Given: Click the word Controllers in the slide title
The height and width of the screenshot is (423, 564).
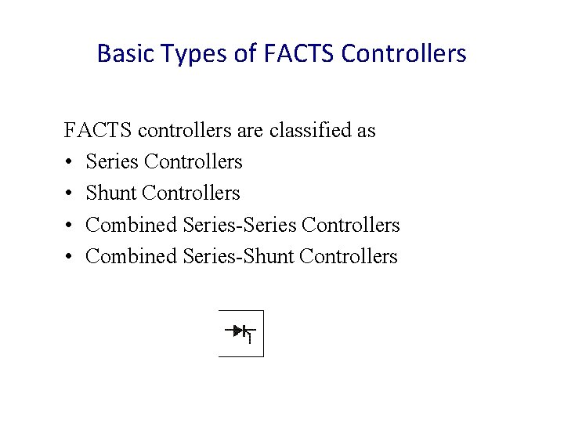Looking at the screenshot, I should [404, 53].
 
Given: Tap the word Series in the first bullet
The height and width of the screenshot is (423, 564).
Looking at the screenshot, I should [112, 161].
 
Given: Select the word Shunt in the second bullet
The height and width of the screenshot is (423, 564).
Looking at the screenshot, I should [111, 193].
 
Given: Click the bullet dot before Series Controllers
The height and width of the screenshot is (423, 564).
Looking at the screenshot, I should [69, 162].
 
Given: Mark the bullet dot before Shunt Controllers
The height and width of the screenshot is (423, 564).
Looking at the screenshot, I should [69, 193].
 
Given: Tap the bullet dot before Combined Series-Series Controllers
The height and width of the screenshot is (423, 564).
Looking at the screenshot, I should [69, 226].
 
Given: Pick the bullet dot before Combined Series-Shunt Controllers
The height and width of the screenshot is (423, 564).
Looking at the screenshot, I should [69, 257].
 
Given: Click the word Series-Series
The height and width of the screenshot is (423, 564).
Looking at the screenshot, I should [239, 225].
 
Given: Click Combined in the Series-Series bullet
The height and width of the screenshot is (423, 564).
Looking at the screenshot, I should [132, 225].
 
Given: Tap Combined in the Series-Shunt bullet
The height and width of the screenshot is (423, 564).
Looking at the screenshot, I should [132, 256].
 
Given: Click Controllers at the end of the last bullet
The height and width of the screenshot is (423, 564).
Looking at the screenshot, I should [349, 256].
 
